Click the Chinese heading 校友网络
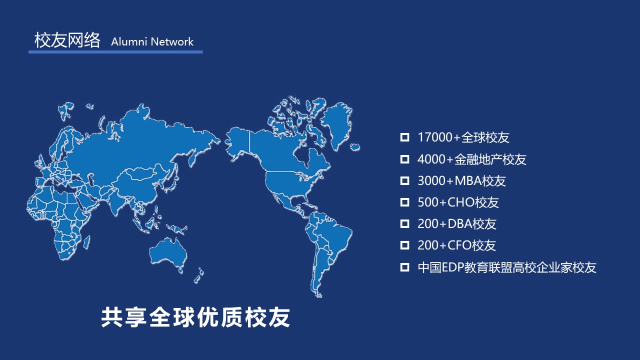pos(67,40)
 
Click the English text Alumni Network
pos(152,41)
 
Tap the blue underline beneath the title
pos(115,52)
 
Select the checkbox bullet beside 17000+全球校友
pos(404,137)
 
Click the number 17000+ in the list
pos(439,137)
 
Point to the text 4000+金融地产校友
pos(471,159)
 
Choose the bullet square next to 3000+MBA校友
pos(404,181)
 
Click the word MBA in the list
pos(467,181)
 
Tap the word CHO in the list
pos(461,202)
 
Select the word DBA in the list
pos(460,224)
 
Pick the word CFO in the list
pos(459,245)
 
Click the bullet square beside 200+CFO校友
pos(404,245)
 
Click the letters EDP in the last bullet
pos(453,267)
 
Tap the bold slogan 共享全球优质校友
pos(195,317)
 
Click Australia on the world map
pos(168,253)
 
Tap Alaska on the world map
pos(237,143)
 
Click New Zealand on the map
pos(199,275)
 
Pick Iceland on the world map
pos(355,147)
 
